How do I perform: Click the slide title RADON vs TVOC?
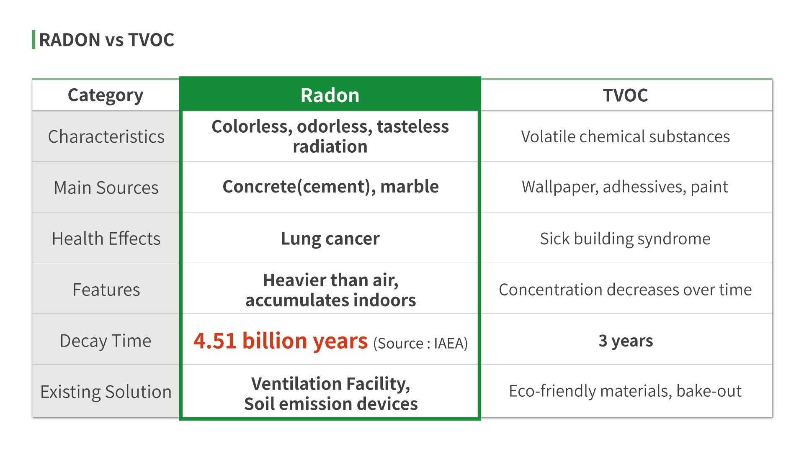click(x=106, y=40)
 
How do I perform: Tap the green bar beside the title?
click(x=33, y=40)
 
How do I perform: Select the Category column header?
click(x=106, y=95)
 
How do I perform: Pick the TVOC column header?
click(x=625, y=95)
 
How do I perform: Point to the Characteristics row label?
click(x=106, y=137)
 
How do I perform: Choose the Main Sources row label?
click(x=106, y=187)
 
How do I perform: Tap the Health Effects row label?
click(x=106, y=239)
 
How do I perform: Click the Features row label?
click(x=106, y=290)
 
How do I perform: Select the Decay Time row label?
click(x=106, y=341)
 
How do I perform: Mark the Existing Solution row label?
click(x=106, y=392)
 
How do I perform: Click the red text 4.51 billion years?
click(x=281, y=341)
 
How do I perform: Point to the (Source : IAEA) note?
click(x=420, y=343)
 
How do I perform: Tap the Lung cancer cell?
click(x=330, y=239)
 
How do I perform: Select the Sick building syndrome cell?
click(x=625, y=239)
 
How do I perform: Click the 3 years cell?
click(x=626, y=341)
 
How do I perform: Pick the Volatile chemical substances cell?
click(x=625, y=136)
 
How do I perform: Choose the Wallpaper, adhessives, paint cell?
click(x=625, y=187)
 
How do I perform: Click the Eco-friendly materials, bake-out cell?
click(x=625, y=391)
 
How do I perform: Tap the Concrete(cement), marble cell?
click(x=330, y=187)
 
